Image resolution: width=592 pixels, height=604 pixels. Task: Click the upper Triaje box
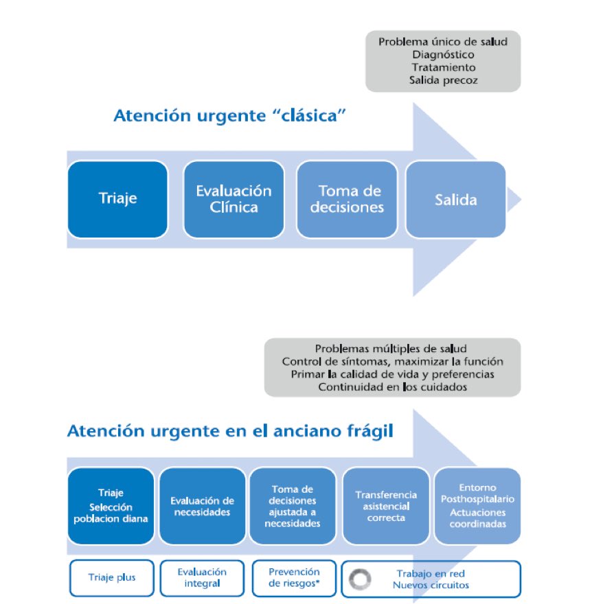coord(117,199)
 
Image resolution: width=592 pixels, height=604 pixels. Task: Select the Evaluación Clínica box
coord(234,199)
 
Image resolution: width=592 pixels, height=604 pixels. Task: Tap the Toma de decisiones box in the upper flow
coord(347,199)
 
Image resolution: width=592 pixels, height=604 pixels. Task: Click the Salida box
coord(455,199)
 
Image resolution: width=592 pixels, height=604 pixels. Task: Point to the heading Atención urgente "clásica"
coord(229,115)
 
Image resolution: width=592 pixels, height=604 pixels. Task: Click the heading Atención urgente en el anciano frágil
coord(230,432)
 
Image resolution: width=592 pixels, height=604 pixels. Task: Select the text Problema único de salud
coord(442,42)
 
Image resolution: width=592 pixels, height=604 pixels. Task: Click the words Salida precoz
coord(443,80)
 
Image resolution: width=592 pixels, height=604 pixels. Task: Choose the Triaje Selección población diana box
coord(111,506)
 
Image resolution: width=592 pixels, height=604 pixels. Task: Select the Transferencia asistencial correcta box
coord(385,506)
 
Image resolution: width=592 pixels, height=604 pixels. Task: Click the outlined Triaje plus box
coord(111,577)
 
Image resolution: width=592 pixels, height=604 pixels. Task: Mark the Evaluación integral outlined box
coord(201,577)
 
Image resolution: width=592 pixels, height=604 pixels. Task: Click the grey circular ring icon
coord(361,579)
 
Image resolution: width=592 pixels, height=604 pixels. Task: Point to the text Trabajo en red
coord(431,572)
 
